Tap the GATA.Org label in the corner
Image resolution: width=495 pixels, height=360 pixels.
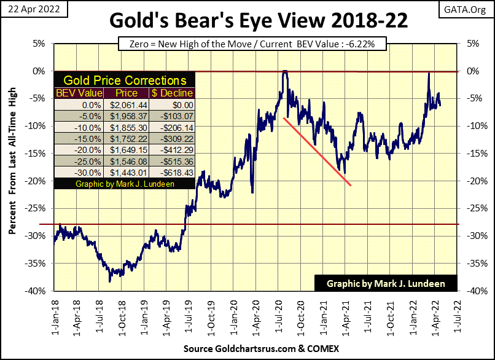click(x=473, y=8)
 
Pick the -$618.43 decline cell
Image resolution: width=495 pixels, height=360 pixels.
click(x=171, y=171)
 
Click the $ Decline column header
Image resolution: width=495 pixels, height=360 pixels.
click(x=171, y=93)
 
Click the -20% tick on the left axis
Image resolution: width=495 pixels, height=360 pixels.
click(x=38, y=181)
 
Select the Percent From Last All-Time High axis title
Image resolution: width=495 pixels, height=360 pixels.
click(x=13, y=168)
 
